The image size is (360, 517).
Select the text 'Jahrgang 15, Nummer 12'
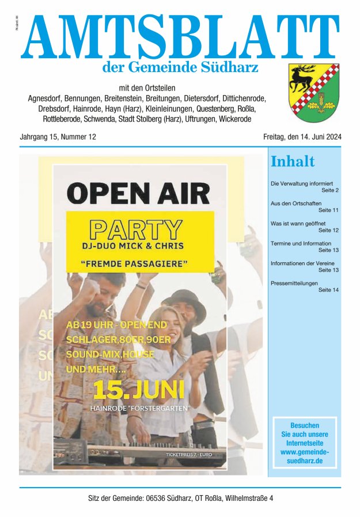coord(58,137)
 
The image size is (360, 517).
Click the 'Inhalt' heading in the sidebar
coord(293,161)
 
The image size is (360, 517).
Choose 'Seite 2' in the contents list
coord(329,190)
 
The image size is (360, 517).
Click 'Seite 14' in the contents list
coord(328,289)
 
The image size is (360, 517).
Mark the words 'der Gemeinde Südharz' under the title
coord(180,67)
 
